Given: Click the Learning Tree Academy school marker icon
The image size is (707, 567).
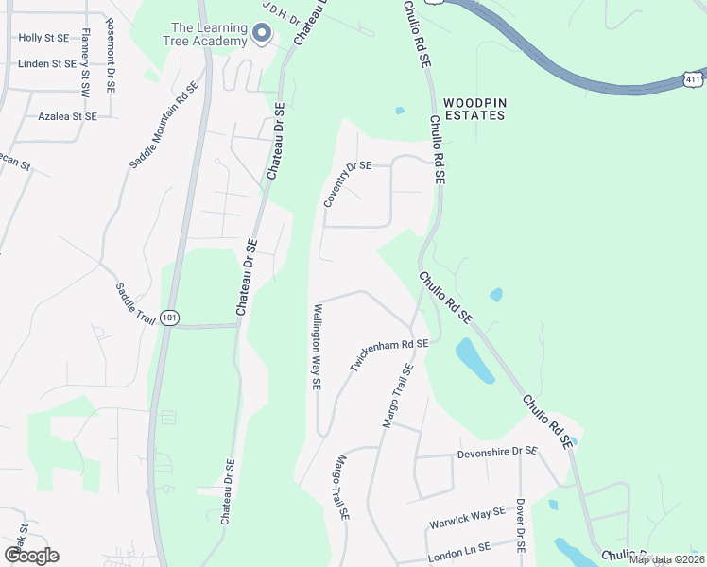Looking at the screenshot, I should (x=262, y=34).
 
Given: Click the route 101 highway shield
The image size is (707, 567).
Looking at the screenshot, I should (x=169, y=318).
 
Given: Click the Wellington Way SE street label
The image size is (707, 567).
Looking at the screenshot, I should (x=319, y=347).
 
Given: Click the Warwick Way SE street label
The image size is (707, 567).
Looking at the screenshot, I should (x=467, y=515).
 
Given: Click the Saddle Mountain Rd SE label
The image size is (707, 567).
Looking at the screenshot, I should (x=164, y=124).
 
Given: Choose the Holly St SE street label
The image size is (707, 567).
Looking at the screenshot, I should (x=44, y=39).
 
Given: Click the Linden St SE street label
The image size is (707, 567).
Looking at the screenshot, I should (x=47, y=64).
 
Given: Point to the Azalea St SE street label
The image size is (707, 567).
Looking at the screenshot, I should (x=67, y=116).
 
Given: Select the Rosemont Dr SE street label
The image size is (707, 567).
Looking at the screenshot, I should (x=111, y=59).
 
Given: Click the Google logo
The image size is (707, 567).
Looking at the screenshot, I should (x=31, y=555).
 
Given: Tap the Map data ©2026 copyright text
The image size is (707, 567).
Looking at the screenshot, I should (x=665, y=559).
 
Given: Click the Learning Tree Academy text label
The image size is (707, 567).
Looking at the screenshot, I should (x=208, y=34).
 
